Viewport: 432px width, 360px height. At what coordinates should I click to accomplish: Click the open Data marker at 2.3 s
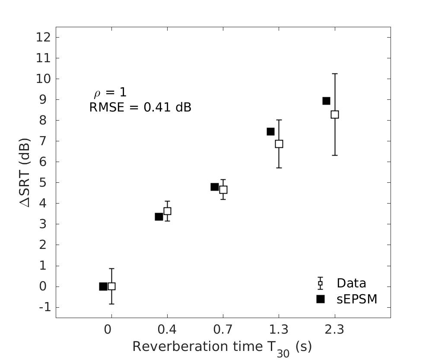(334, 115)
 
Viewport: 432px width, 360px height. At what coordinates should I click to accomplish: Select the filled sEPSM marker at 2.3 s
(326, 101)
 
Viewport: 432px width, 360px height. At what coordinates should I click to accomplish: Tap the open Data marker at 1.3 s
(279, 144)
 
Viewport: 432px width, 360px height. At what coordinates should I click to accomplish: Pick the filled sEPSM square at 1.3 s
(270, 131)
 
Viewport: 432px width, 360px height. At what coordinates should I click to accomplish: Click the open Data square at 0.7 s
(223, 189)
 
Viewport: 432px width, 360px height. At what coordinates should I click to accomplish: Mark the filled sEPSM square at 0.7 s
(214, 187)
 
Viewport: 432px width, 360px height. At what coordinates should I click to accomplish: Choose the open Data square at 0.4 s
(167, 211)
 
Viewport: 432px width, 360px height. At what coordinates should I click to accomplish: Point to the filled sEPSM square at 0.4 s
(159, 217)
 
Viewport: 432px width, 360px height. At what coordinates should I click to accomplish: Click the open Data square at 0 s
(111, 286)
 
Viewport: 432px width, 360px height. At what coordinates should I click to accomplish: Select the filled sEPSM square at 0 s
(103, 286)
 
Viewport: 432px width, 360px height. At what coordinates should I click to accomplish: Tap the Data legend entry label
(351, 284)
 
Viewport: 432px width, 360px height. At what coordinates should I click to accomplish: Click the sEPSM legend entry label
(357, 299)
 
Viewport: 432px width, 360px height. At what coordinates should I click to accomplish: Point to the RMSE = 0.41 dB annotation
(140, 107)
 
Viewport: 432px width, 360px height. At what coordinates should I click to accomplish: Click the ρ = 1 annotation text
(110, 92)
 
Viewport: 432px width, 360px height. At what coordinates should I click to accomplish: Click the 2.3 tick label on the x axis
(334, 330)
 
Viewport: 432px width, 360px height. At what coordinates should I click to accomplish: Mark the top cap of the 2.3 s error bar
(334, 74)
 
